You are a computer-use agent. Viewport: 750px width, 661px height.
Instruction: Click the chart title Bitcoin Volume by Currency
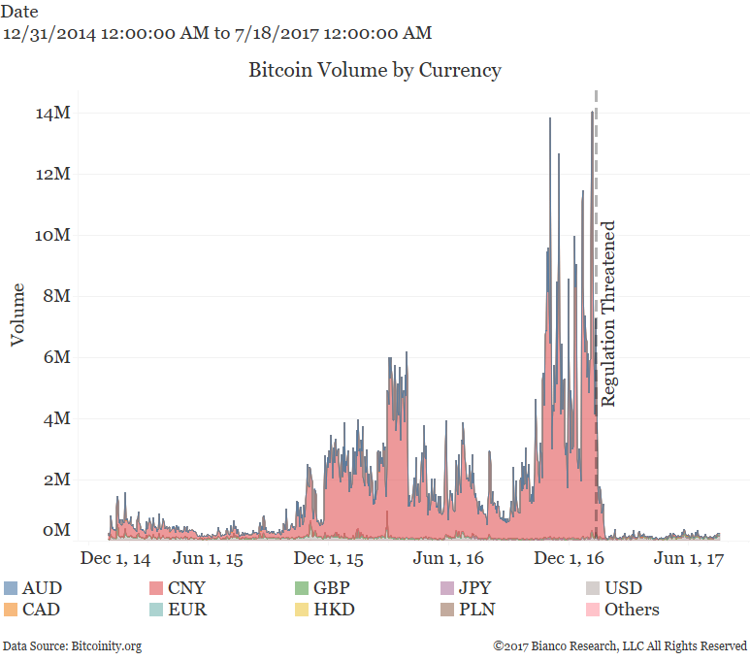pyautogui.click(x=375, y=71)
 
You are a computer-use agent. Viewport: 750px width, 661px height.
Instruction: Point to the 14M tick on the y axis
pyautogui.click(x=53, y=114)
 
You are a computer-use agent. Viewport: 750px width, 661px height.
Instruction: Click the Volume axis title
pyautogui.click(x=17, y=314)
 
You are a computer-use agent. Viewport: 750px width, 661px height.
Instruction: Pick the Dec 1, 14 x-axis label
pyautogui.click(x=115, y=560)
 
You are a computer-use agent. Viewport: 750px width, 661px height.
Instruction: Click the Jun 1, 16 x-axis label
pyautogui.click(x=448, y=560)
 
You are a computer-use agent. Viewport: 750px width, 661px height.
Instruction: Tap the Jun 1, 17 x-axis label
pyautogui.click(x=689, y=560)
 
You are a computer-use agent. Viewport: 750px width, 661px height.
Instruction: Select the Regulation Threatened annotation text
pyautogui.click(x=609, y=314)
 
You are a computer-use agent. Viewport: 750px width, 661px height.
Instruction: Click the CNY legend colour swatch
pyautogui.click(x=156, y=588)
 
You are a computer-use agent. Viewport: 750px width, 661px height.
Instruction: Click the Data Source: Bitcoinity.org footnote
pyautogui.click(x=72, y=645)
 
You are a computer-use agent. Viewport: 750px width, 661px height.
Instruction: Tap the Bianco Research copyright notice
pyautogui.click(x=620, y=645)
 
